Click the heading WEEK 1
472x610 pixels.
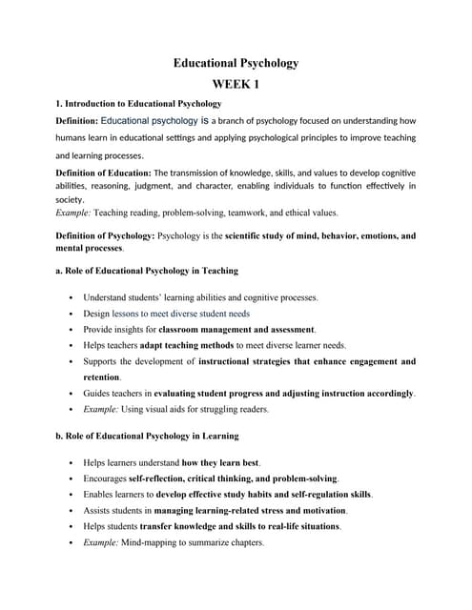[x=236, y=84]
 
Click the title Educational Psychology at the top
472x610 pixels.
[x=236, y=63]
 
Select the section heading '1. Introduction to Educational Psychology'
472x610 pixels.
[x=138, y=103]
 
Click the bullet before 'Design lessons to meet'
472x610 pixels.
[x=72, y=313]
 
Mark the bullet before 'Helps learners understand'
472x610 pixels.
[x=72, y=462]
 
